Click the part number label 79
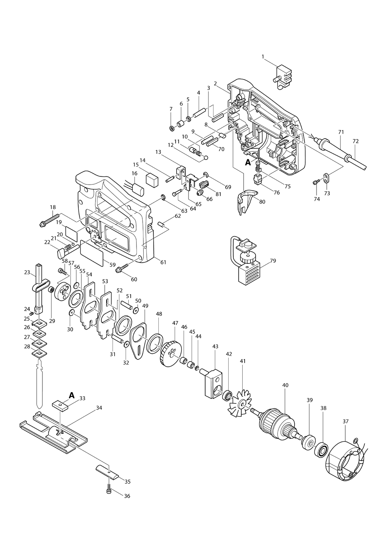[x=273, y=261]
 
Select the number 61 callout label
[x=163, y=262]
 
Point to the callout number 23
[x=27, y=272]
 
